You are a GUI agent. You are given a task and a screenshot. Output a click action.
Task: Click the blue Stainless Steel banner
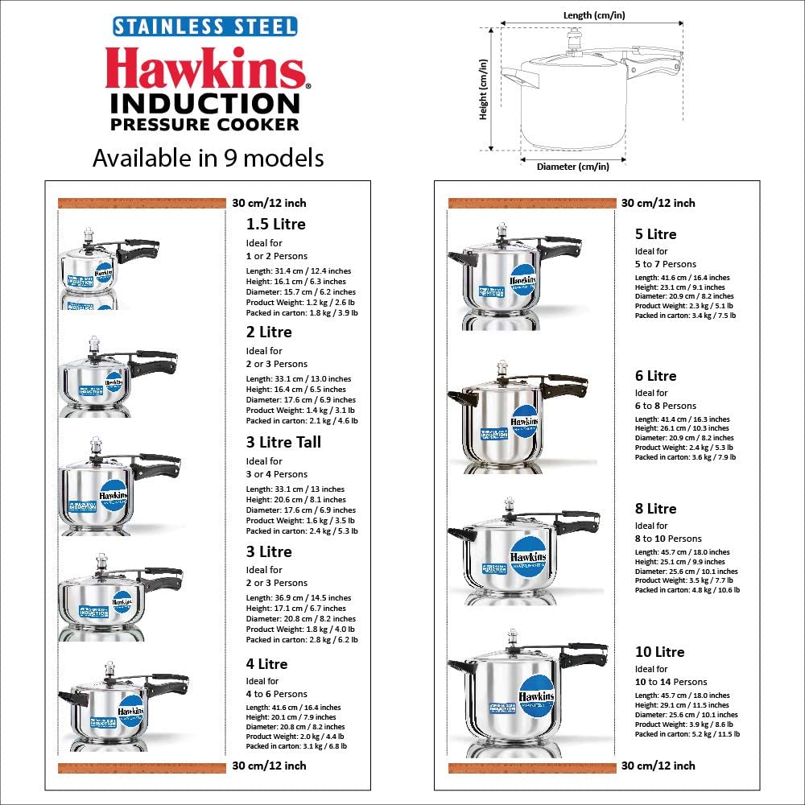pos(204,26)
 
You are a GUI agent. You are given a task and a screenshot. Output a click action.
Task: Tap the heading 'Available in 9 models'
pos(208,158)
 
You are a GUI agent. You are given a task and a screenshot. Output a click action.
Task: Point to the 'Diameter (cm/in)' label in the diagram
pos(572,167)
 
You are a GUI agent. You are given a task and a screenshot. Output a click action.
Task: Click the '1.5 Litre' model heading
pos(275,224)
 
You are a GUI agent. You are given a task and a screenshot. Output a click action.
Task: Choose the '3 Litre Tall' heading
pos(283,442)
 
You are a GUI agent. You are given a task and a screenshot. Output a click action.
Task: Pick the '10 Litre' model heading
pos(659,652)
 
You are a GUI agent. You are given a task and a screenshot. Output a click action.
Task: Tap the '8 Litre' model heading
pos(655,509)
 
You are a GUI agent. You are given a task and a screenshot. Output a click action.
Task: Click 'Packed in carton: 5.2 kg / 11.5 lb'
pos(687,734)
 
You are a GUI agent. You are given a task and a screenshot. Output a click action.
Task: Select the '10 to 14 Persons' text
pos(671,682)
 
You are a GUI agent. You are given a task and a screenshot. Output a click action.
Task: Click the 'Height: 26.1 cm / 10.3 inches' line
pos(682,428)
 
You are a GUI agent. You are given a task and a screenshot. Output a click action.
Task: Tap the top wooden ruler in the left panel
pos(141,203)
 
